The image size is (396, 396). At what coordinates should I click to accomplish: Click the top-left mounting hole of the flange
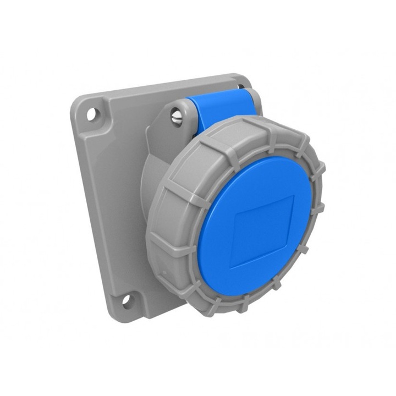pos(92,114)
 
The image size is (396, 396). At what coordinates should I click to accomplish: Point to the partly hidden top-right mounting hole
pos(241,86)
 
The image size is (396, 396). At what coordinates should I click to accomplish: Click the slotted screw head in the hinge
pos(177,117)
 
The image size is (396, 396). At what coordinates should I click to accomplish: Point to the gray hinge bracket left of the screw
pos(159,124)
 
